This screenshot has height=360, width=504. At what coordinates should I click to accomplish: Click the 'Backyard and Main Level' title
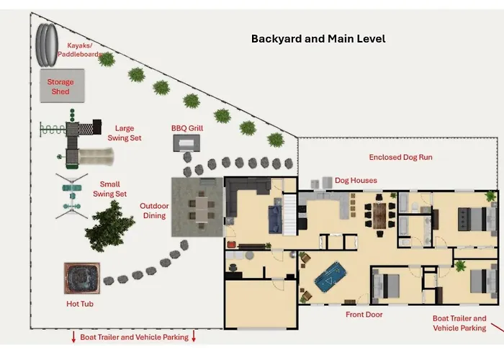(318, 39)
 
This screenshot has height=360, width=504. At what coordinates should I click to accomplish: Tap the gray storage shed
(63, 86)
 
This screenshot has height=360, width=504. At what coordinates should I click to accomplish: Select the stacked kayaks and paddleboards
(47, 45)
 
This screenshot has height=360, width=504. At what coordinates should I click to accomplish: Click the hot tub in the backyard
(82, 279)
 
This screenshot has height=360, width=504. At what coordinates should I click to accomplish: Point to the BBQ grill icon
(186, 143)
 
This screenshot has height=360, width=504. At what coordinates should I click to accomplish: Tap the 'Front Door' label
(364, 315)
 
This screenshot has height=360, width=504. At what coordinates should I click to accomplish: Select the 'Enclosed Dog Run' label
(400, 157)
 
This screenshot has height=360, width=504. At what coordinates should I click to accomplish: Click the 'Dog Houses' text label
(356, 180)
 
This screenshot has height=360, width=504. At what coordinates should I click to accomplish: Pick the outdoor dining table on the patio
(202, 210)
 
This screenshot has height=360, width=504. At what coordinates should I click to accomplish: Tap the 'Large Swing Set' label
(125, 133)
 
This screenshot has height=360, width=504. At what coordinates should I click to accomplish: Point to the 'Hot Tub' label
(80, 304)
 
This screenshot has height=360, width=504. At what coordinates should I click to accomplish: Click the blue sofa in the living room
(275, 219)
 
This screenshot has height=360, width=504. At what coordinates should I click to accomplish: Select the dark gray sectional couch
(244, 194)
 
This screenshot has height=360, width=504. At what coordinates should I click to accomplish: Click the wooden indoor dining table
(379, 216)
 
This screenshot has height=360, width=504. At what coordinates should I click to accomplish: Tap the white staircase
(289, 215)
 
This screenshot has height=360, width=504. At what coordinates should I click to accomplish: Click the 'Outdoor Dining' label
(154, 210)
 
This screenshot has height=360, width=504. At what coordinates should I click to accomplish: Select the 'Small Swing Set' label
(109, 189)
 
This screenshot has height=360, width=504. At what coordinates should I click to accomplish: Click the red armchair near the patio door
(231, 245)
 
